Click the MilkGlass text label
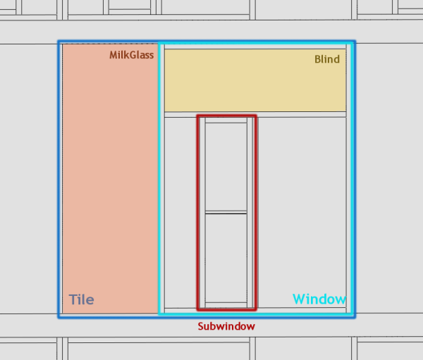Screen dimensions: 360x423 coord(131,55)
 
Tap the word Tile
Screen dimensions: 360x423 coord(81,299)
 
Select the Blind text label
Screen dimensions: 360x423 coord(327,59)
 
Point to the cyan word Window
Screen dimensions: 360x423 coord(319,299)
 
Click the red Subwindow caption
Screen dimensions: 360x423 coord(226,327)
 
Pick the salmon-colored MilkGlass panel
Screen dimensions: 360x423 coord(110,176)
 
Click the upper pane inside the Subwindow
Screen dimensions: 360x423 coord(226,168)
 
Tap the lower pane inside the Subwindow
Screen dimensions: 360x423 coord(226,258)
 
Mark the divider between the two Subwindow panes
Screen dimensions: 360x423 coord(226,212)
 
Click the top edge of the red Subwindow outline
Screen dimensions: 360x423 coord(226,116)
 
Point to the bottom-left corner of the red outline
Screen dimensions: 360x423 coord(197,309)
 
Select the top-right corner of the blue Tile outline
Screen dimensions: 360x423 coord(354,42)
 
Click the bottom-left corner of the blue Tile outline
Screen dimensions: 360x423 coord(59,316)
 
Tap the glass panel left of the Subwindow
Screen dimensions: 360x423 coord(180,211)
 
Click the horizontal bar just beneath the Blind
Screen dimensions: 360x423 coord(255,113)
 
